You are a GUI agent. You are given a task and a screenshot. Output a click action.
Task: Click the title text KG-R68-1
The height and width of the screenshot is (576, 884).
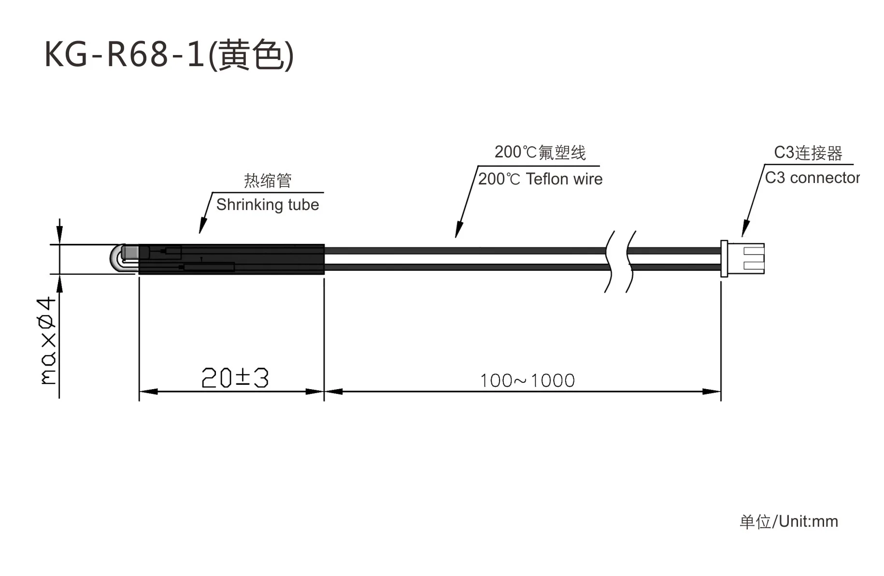[125, 54]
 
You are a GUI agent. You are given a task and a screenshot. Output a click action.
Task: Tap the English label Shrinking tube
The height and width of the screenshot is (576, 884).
[267, 205]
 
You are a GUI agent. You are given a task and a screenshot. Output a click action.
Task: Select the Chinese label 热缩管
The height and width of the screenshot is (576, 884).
[268, 181]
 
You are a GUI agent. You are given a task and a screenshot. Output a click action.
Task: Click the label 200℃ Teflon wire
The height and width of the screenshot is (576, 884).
[540, 179]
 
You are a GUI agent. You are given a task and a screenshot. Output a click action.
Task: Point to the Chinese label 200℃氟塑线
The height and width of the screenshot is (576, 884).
[540, 153]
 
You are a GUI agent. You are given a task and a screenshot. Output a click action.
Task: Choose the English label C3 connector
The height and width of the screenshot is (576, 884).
[812, 178]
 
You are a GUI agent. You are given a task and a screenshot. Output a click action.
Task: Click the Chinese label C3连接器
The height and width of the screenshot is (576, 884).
[808, 153]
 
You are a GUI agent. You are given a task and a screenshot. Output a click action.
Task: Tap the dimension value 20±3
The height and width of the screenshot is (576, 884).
[235, 378]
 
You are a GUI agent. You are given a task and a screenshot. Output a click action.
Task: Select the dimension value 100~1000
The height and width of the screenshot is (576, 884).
[527, 380]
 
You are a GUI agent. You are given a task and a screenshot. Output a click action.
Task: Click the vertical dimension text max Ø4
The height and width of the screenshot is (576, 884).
[47, 340]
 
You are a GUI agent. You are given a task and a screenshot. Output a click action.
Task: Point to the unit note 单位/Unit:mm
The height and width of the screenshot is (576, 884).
[788, 521]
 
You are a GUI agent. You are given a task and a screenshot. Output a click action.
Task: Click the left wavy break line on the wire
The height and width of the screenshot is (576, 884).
[609, 262]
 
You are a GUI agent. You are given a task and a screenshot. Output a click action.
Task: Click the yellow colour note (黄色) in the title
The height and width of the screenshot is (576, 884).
[251, 54]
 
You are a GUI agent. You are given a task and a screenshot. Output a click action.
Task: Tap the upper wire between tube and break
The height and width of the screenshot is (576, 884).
[464, 251]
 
